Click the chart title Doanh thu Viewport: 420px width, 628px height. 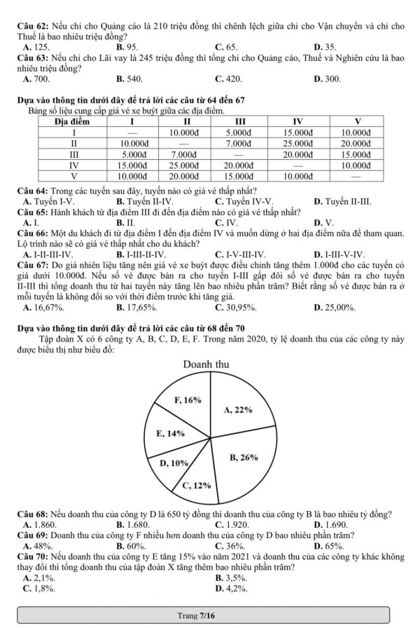[207, 364]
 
